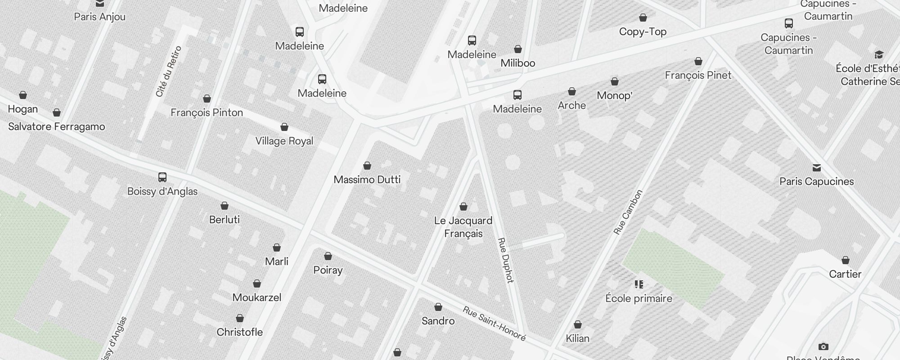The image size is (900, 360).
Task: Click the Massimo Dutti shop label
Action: click(367, 180)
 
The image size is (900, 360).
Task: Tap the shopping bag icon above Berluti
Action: click(225, 206)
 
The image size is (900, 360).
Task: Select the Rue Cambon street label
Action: click(628, 212)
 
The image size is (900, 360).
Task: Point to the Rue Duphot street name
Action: click(505, 260)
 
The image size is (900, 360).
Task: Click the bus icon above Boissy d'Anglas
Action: click(162, 177)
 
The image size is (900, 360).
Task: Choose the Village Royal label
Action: click(284, 141)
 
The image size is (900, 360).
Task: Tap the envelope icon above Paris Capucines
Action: click(816, 168)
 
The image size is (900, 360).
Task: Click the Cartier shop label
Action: click(845, 274)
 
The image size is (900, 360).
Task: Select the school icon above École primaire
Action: click(639, 284)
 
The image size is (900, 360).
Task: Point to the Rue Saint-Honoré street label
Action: click(494, 324)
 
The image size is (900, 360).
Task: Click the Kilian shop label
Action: click(577, 338)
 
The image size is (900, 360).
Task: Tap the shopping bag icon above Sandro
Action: click(438, 307)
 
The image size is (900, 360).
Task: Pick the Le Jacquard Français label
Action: click(463, 227)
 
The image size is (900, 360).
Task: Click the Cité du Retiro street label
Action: click(168, 71)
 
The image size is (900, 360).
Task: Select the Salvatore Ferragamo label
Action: click(56, 126)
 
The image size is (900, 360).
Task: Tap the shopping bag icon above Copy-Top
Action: click(643, 18)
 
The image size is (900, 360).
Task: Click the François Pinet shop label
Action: click(698, 75)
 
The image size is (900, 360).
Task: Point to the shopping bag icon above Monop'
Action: click(614, 82)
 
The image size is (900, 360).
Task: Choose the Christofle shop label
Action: click(239, 332)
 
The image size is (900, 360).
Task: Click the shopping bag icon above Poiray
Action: click(328, 256)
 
